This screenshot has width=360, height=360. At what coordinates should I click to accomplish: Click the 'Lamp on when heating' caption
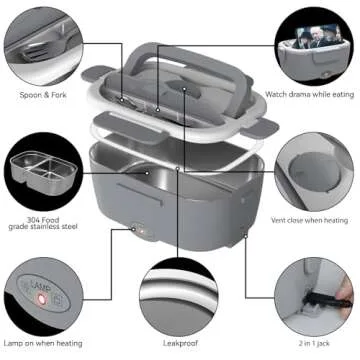coord(44,343)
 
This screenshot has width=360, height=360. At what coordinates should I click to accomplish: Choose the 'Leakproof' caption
coord(181,343)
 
